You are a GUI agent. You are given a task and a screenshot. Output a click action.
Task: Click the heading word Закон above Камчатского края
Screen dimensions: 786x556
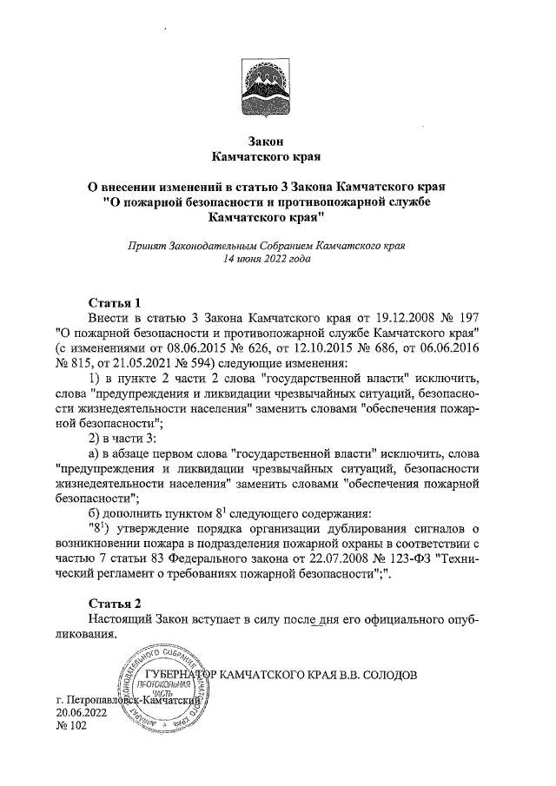click(x=268, y=142)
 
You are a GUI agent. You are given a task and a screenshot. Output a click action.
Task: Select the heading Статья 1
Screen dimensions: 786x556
click(x=116, y=303)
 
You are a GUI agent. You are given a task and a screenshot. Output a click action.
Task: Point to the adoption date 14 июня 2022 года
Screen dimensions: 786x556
click(x=268, y=259)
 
